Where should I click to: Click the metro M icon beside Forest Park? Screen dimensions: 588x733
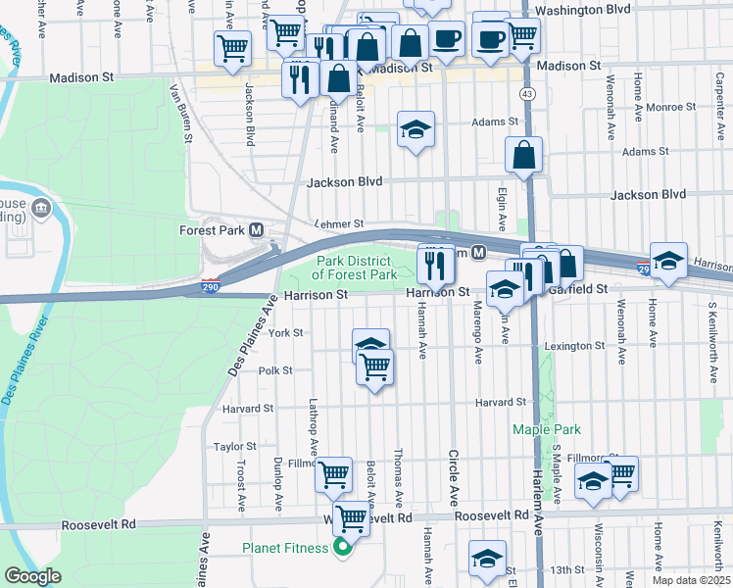257,230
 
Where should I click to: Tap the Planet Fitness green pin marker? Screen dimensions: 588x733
342,548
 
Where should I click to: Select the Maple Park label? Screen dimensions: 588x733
547,429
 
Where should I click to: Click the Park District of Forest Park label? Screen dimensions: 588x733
355,268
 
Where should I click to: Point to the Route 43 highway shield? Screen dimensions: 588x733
528,93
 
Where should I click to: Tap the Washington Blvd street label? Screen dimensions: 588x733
584,9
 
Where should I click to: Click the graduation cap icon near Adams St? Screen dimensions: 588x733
415,129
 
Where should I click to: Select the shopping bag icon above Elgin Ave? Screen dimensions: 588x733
524,154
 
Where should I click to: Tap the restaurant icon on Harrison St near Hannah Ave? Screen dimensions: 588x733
434,263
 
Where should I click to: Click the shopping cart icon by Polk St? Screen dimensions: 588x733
374,367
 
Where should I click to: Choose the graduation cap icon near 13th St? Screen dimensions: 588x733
487,558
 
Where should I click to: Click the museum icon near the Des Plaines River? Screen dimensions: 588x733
41,207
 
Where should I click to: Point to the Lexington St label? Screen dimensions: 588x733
575,346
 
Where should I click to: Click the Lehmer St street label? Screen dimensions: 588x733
338,224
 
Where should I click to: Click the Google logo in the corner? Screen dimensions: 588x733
32,576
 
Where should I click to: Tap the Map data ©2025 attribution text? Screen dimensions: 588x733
691,580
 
